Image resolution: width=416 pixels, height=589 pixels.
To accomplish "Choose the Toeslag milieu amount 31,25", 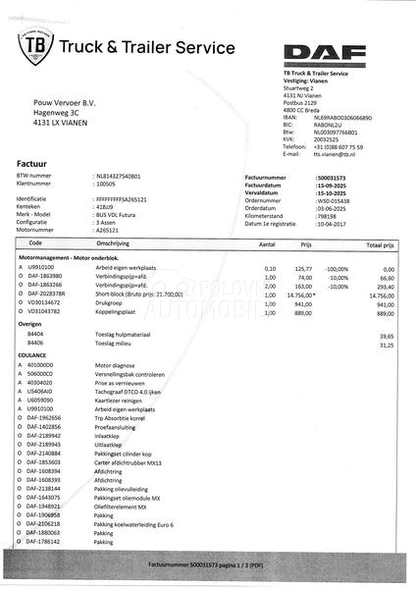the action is pyautogui.click(x=384, y=345).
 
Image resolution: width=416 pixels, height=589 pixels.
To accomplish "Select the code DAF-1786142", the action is pyautogui.click(x=45, y=541).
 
